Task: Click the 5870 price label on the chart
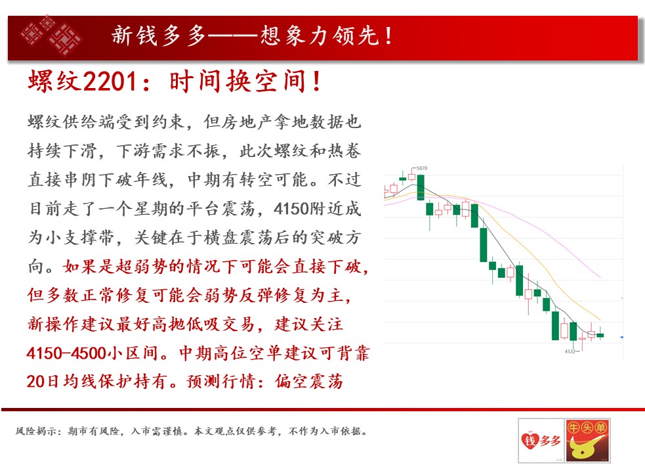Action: coord(422,168)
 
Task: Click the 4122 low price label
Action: coord(570,351)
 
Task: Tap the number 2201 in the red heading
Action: coord(110,81)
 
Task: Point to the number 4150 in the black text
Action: coord(291,209)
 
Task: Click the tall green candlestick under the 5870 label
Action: coord(421,187)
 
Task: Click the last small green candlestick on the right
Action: coord(600,336)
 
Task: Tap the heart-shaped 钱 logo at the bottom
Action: coord(530,440)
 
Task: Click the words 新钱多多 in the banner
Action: coord(158,35)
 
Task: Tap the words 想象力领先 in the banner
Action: coord(320,35)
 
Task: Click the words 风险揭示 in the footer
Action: coord(36,432)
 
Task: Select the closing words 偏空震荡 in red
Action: coord(309,382)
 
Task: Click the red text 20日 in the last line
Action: coord(43,382)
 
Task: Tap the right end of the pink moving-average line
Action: coord(600,277)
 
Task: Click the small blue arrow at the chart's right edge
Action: coord(621,338)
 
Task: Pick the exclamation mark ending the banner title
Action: coord(388,36)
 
